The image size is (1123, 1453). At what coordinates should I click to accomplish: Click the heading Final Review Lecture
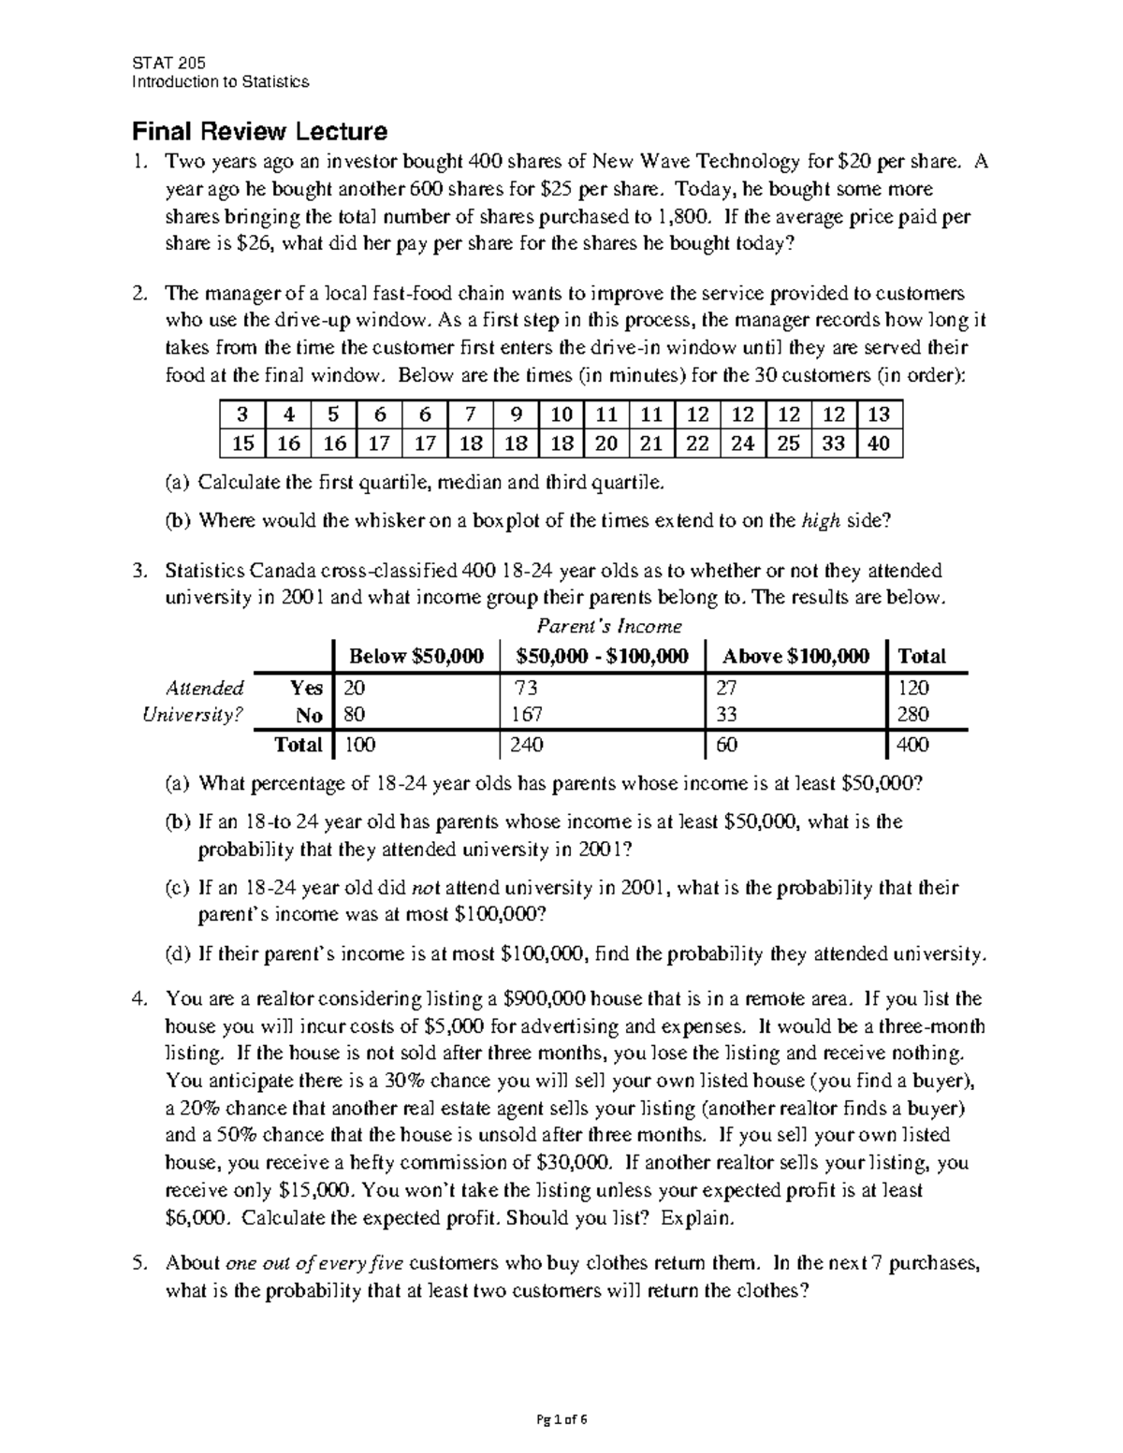(259, 131)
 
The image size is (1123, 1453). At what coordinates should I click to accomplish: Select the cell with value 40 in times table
(879, 443)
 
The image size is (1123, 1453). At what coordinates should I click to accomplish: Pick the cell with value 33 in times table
(833, 443)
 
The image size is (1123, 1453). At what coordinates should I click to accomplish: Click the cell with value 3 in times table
(242, 414)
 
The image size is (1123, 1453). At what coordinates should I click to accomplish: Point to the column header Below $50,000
(416, 657)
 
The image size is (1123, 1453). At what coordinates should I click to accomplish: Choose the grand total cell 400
(913, 745)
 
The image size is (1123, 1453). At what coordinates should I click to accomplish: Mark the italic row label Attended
(204, 688)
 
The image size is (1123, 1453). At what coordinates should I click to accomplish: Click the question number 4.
(138, 999)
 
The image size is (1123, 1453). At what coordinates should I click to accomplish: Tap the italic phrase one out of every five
(314, 1263)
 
